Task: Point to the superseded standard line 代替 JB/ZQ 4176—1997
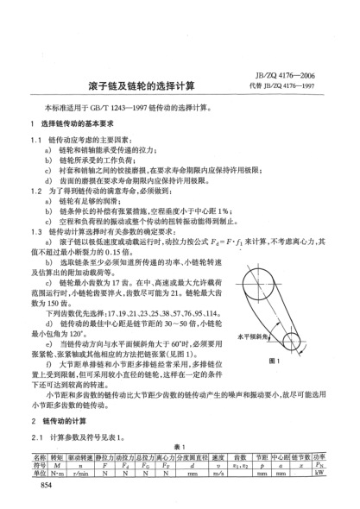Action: tap(296, 86)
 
